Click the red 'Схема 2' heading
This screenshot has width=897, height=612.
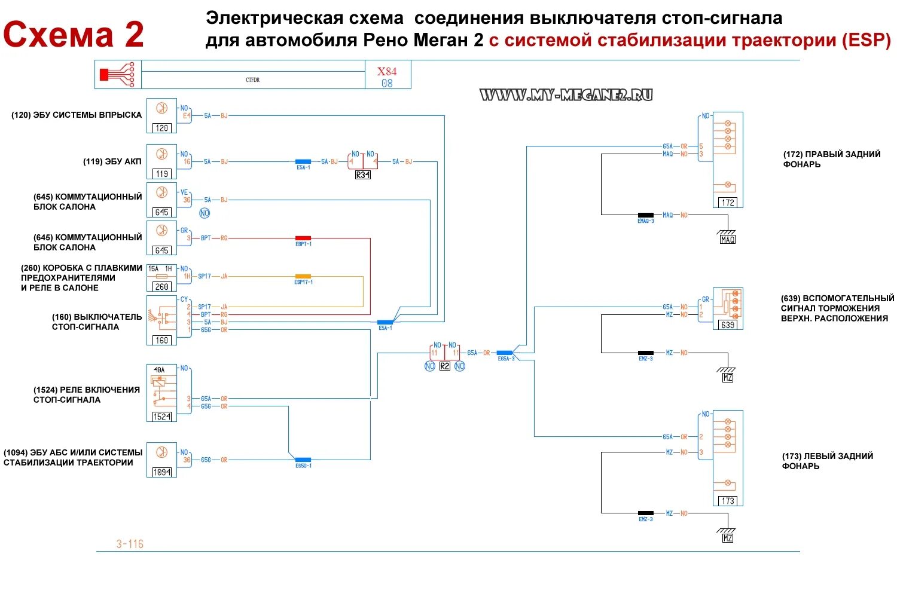(74, 35)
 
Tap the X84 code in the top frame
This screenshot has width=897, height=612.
(386, 71)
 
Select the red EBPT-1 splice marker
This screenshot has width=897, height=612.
(303, 238)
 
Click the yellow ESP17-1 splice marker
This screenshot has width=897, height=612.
(303, 276)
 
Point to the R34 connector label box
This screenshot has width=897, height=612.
(362, 175)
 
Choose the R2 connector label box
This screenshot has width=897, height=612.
(444, 366)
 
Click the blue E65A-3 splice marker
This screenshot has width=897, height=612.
(505, 353)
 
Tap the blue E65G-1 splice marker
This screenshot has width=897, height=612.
(303, 460)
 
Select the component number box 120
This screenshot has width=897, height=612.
(161, 128)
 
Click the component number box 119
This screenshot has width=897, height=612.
(161, 174)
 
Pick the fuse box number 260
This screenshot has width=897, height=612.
(161, 287)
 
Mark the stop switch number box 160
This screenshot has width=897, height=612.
(161, 340)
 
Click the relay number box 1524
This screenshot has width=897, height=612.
(161, 417)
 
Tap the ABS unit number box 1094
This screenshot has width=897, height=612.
(161, 472)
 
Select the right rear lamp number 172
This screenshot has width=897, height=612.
(728, 203)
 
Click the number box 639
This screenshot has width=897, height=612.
(728, 325)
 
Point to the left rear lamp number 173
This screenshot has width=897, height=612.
(728, 501)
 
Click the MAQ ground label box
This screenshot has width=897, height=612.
(728, 240)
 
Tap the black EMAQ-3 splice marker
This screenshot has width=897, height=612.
(646, 215)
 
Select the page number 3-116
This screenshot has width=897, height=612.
(130, 544)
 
